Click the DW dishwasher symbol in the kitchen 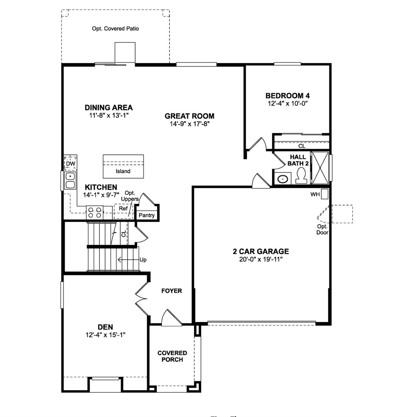tap(70, 164)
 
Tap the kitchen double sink tap(70, 181)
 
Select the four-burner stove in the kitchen tap(95, 213)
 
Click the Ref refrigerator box tap(123, 209)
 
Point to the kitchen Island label tap(123, 171)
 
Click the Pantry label tap(147, 215)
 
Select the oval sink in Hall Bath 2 tap(283, 179)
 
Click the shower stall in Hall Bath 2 tap(320, 168)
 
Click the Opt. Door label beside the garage tap(322, 230)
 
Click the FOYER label tap(172, 291)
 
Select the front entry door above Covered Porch tap(171, 319)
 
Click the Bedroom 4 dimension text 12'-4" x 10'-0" tap(288, 103)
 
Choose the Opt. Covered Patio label tap(115, 28)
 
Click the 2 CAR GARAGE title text tap(261, 251)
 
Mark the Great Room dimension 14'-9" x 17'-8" tap(190, 124)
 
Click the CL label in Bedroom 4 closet tap(302, 146)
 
